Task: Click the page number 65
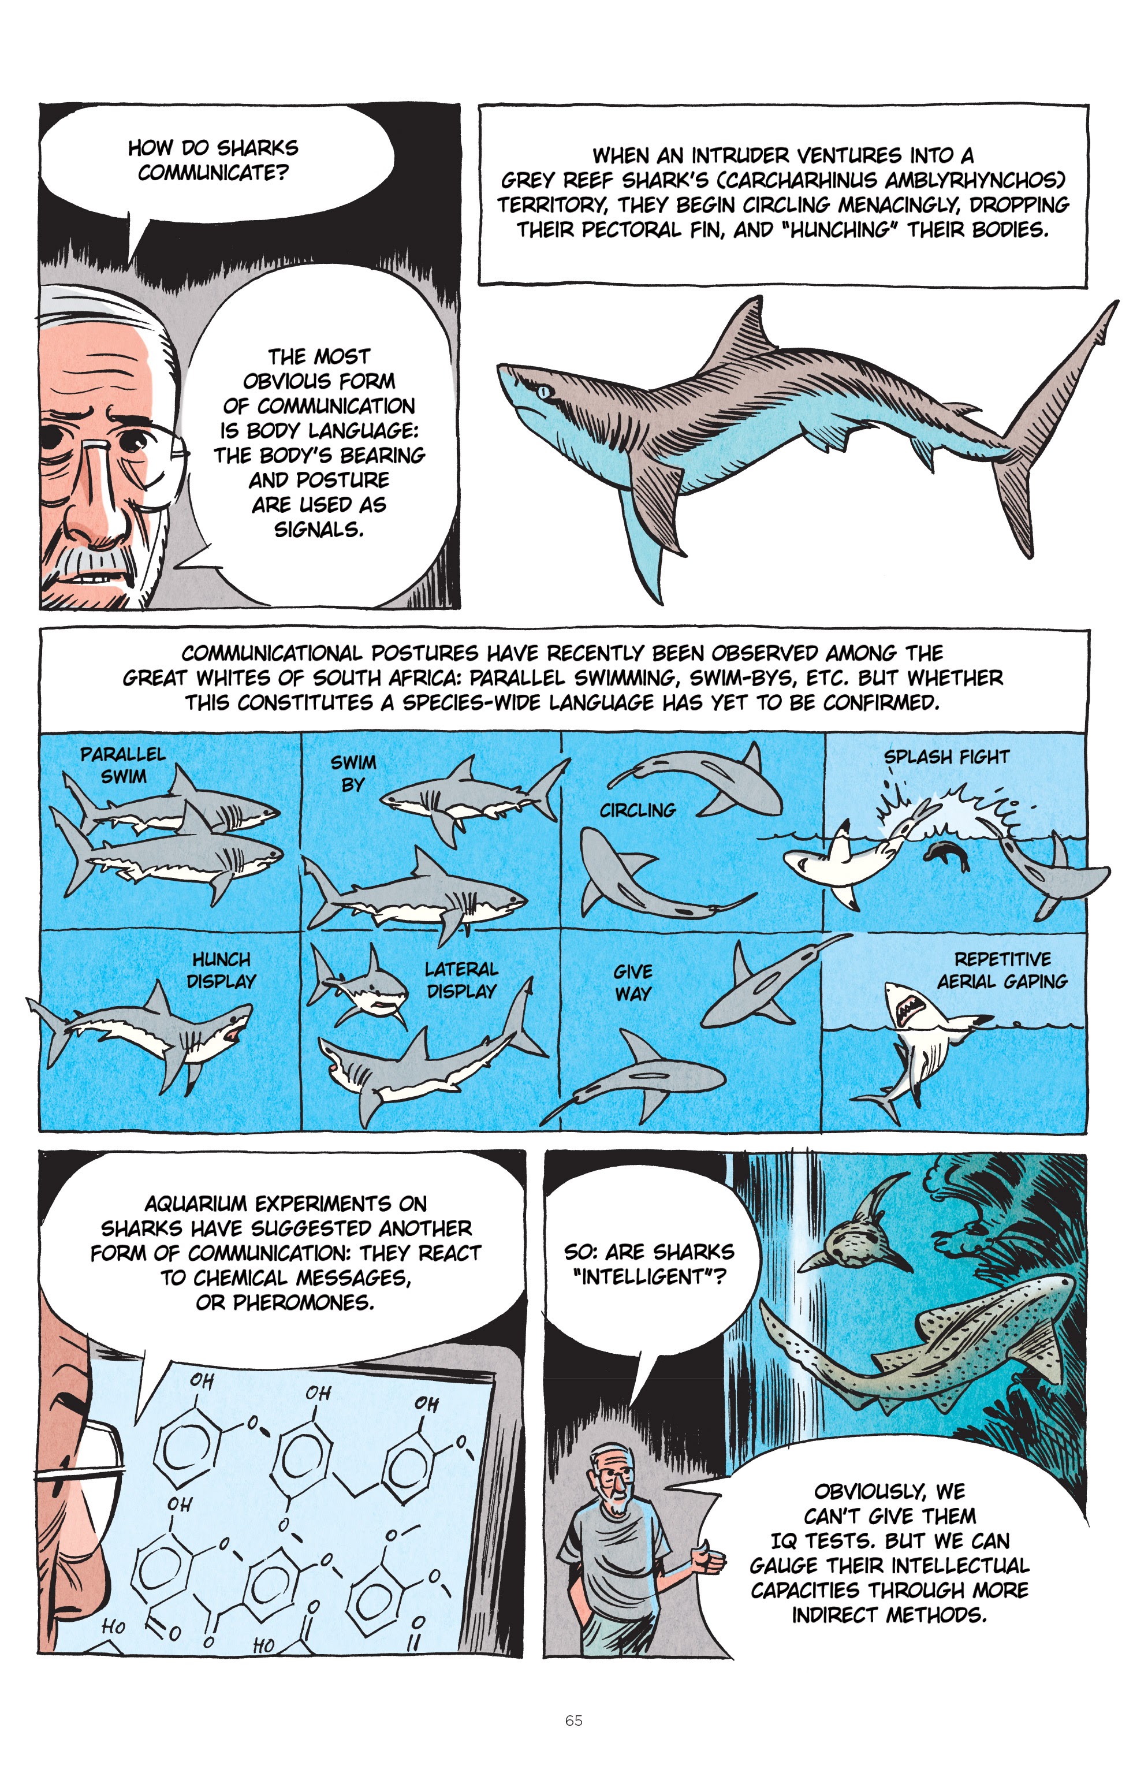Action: click(x=573, y=1720)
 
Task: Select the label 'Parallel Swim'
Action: click(x=123, y=765)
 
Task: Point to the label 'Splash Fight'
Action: click(x=946, y=757)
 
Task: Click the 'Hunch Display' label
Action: click(x=221, y=970)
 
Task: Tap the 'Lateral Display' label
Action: click(x=461, y=980)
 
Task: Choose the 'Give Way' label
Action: click(x=632, y=982)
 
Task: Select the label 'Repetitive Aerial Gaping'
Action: click(x=1002, y=970)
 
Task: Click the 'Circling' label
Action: click(x=638, y=810)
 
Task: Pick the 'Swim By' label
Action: click(x=353, y=773)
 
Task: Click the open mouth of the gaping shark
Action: click(x=907, y=1007)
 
